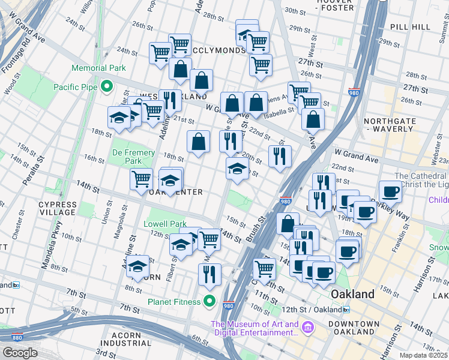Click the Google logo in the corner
pyautogui.click(x=19, y=353)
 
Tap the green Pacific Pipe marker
pyautogui.click(x=106, y=87)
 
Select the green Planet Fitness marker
pyautogui.click(x=209, y=301)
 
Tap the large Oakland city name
pyautogui.click(x=353, y=294)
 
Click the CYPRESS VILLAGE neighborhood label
pyautogui.click(x=58, y=208)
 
